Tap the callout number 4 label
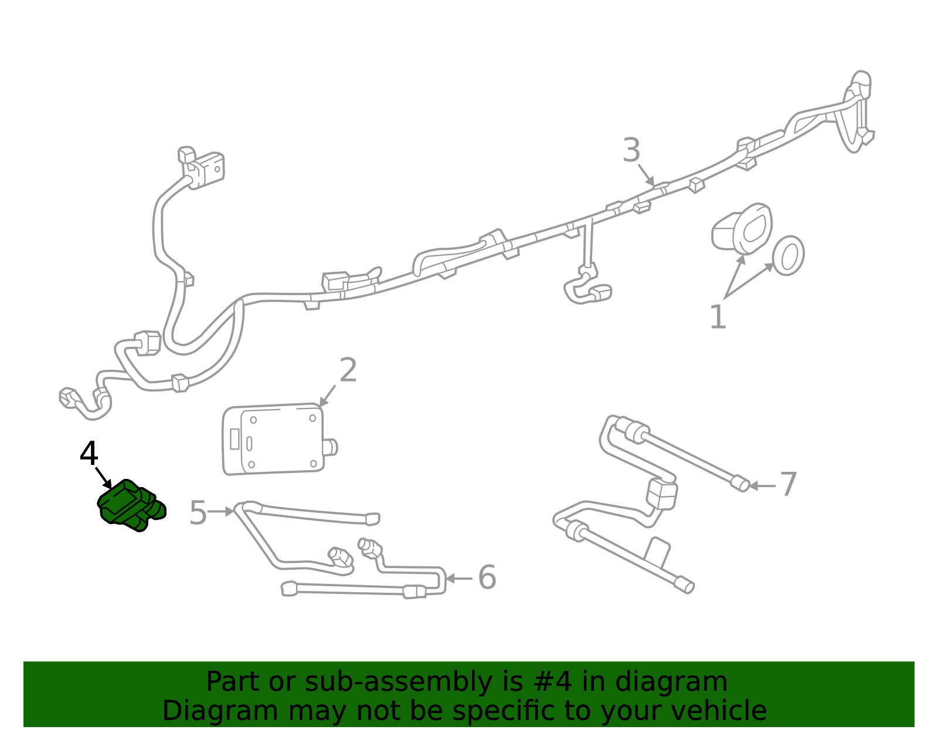89,454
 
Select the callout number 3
631,150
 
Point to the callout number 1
718,317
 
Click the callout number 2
348,370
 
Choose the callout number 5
198,513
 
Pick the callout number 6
487,577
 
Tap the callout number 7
789,485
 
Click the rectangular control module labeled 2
273,438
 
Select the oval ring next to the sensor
788,255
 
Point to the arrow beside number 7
762,486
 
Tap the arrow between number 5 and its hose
221,512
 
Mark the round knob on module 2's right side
331,447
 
